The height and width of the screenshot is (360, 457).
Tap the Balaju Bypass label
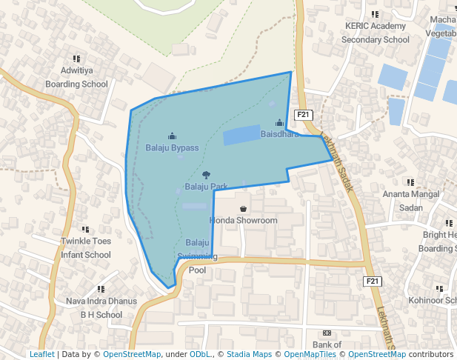(x=172, y=147)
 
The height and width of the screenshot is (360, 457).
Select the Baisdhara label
(x=279, y=134)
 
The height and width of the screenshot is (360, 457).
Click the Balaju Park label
(x=205, y=186)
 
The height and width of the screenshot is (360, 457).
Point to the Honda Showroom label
(x=244, y=220)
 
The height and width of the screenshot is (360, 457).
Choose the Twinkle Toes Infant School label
(x=86, y=247)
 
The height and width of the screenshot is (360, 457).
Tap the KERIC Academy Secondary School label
(x=375, y=33)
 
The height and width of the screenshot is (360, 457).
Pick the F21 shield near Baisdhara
(x=304, y=115)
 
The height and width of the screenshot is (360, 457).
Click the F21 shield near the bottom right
(x=373, y=281)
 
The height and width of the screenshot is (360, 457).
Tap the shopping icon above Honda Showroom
(x=243, y=210)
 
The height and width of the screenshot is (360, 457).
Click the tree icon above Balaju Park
(x=206, y=174)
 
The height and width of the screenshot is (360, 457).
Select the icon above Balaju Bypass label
(x=172, y=136)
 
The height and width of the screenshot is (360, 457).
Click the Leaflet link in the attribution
(x=42, y=354)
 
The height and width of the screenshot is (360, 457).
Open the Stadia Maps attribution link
(x=249, y=354)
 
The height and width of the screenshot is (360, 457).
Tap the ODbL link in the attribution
(x=200, y=354)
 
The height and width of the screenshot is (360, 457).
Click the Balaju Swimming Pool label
(x=197, y=256)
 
